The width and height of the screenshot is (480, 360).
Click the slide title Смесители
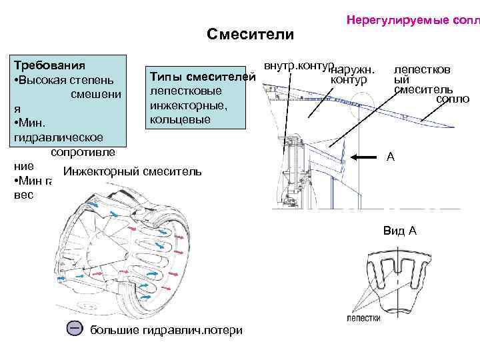point(250,34)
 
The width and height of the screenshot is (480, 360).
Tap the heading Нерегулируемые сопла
point(412,21)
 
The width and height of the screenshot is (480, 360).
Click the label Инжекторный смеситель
point(131,171)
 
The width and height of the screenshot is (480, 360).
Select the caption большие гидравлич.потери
point(166,331)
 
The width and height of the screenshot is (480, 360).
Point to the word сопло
point(453,99)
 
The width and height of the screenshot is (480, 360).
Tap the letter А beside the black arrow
point(391,157)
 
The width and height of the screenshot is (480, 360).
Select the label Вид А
point(400,231)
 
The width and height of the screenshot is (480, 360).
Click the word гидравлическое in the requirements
point(57,137)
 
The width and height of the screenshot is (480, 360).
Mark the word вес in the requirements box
point(23,196)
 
